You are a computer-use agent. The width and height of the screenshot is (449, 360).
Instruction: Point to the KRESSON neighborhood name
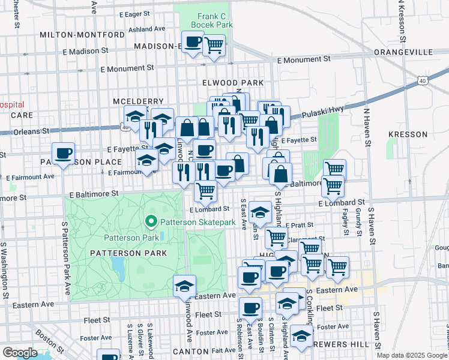click(x=407, y=134)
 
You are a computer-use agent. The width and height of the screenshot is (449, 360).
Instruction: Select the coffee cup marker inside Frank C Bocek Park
click(x=193, y=43)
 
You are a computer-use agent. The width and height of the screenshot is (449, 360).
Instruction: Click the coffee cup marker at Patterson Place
click(x=63, y=154)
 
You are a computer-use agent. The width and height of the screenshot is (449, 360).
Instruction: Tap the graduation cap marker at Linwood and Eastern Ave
click(x=184, y=286)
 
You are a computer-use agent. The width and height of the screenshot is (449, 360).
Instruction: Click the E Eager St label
click(x=134, y=13)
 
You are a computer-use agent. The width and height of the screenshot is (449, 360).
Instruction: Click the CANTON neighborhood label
click(x=190, y=350)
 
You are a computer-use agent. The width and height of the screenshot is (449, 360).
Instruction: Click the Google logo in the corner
click(x=20, y=352)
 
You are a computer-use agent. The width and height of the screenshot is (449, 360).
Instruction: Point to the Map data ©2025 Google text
click(x=411, y=355)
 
